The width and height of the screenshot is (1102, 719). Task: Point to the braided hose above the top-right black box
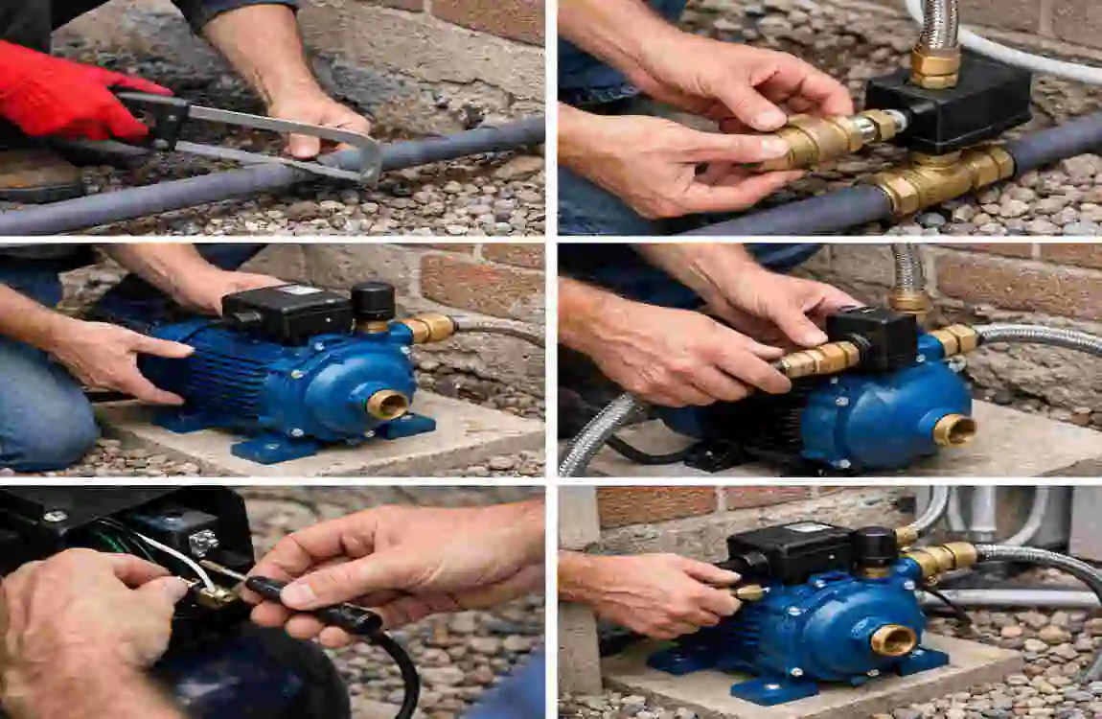tap(936, 24)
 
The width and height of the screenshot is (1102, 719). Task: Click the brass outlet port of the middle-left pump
tap(387, 404)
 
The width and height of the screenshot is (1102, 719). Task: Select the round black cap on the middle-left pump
tap(373, 302)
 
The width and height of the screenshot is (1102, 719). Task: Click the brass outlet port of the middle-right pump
tap(953, 429)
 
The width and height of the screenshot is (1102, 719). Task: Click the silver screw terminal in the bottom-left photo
tap(203, 544)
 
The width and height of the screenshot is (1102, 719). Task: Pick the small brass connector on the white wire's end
tap(217, 596)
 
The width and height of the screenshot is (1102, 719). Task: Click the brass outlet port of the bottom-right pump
tap(893, 639)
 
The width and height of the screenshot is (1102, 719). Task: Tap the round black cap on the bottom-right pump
tap(875, 547)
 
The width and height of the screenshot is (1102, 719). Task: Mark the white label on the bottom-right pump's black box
tap(811, 528)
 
